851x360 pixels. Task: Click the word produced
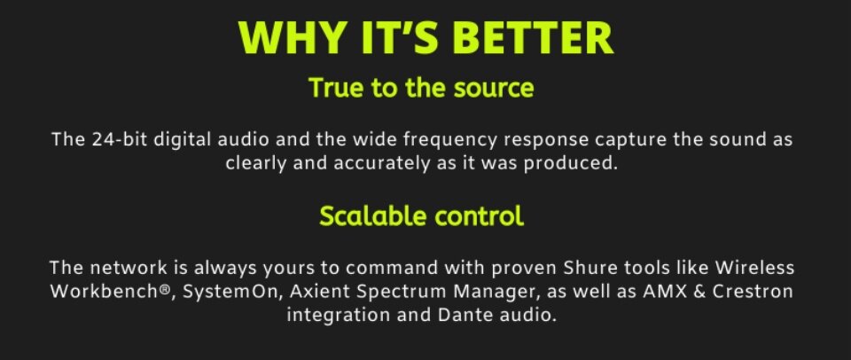pyautogui.click(x=570, y=163)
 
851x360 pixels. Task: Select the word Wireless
pyautogui.click(x=754, y=268)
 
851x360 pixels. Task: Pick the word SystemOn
pyautogui.click(x=230, y=292)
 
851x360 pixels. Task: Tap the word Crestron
pyautogui.click(x=753, y=292)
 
